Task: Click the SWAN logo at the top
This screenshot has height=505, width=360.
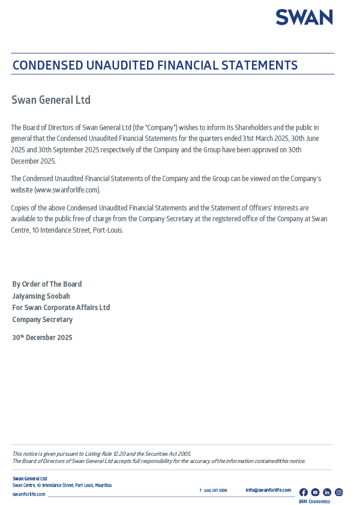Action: pos(304,17)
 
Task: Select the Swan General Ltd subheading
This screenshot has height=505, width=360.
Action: pos(51,100)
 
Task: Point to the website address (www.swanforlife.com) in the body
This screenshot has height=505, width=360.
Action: pos(67,190)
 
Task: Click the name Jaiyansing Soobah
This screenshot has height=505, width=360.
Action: pos(41,296)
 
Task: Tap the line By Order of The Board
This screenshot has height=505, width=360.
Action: pos(47,284)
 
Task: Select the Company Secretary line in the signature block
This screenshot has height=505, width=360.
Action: pos(42,320)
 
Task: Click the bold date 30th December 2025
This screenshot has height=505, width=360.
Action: pos(42,338)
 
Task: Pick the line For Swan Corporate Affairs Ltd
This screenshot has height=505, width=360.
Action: pos(61,308)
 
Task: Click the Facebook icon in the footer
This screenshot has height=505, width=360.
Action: pos(304,492)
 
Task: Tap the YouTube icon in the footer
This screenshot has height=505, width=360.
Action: pos(315,492)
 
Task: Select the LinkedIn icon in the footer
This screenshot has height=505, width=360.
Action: pos(327,492)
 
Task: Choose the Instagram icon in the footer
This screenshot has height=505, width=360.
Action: pos(338,492)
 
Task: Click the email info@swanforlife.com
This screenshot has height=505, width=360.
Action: pos(268,490)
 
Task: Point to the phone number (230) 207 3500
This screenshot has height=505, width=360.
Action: pos(215,491)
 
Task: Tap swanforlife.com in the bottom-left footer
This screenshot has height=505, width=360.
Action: pos(29,494)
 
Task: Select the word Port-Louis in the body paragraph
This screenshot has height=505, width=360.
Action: pos(108,230)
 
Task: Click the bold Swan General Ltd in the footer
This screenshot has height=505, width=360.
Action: pos(29,479)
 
